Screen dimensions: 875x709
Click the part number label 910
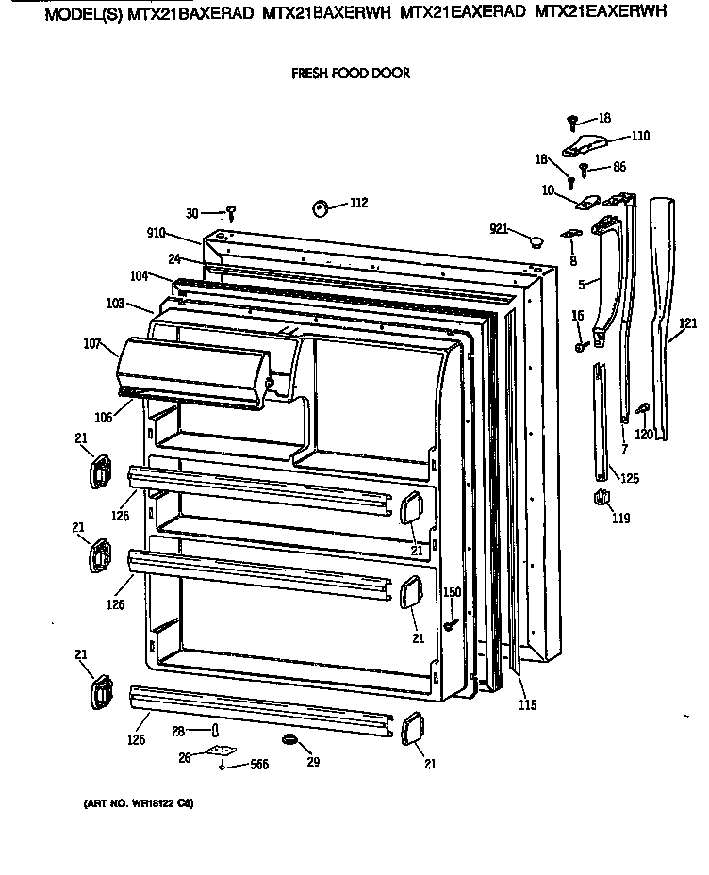[x=157, y=231]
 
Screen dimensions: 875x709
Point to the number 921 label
[x=501, y=228]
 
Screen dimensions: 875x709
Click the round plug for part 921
[x=536, y=240]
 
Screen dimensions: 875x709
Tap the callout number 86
[x=618, y=166]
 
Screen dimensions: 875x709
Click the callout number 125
[x=628, y=478]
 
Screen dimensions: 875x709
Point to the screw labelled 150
[x=453, y=622]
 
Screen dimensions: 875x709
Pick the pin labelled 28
[x=215, y=731]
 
